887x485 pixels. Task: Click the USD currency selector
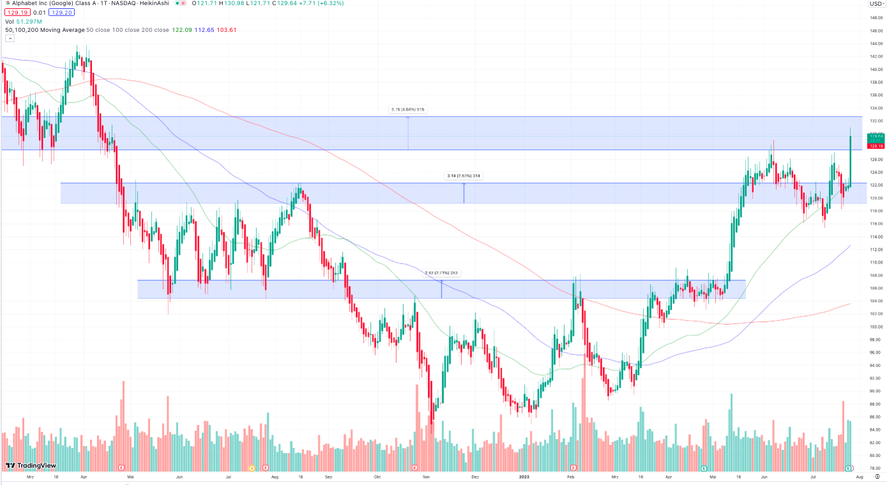click(874, 4)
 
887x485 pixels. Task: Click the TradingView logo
click(31, 466)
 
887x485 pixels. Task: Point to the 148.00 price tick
click(876, 17)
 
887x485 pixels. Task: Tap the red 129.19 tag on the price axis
click(876, 146)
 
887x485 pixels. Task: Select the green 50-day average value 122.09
click(183, 29)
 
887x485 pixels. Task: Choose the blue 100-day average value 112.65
click(204, 29)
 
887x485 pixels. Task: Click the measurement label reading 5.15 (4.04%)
click(408, 109)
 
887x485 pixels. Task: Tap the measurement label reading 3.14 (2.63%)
click(464, 175)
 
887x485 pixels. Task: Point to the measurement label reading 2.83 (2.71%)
click(442, 272)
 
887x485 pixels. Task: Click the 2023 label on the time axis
click(524, 477)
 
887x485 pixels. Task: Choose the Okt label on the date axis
click(377, 477)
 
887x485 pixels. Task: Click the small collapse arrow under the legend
click(10, 38)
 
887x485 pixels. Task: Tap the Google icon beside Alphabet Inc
click(6, 3)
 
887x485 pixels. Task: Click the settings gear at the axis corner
click(877, 476)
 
